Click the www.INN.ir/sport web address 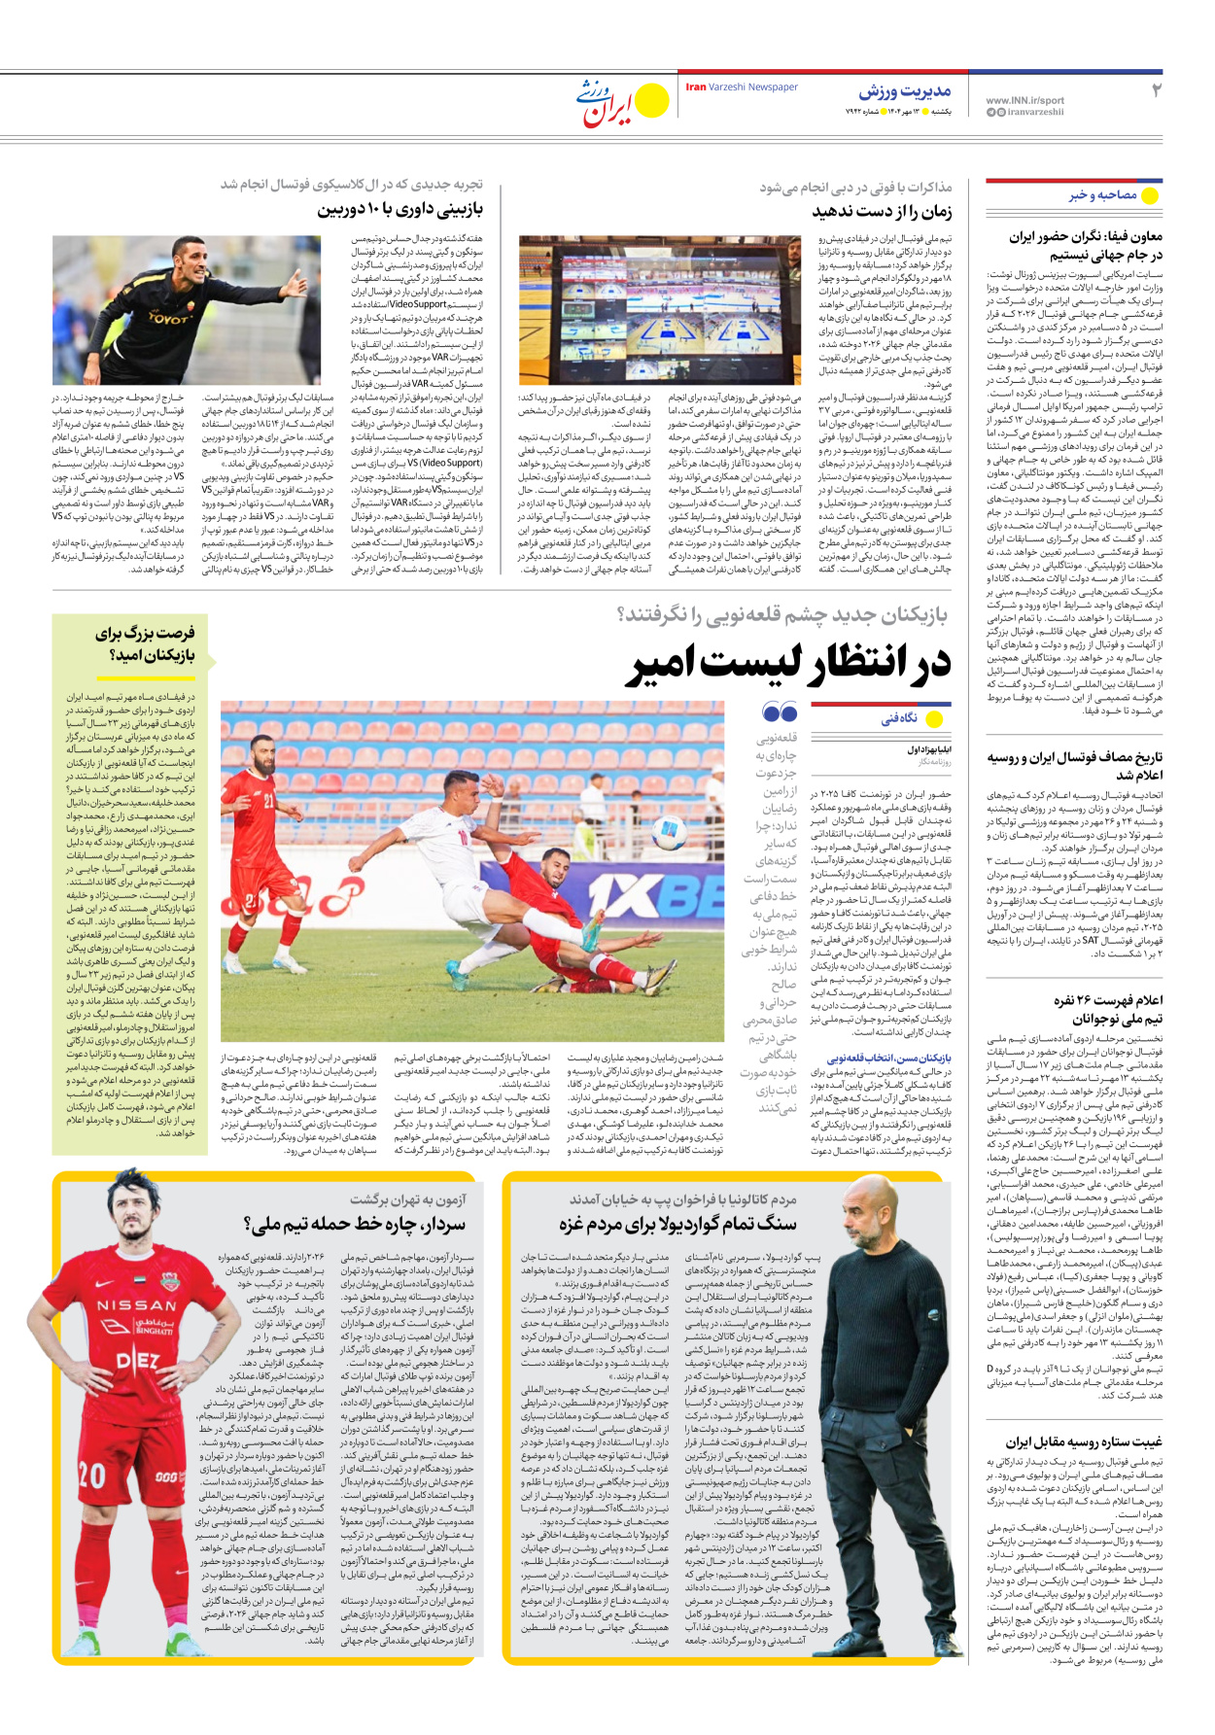pyautogui.click(x=1024, y=100)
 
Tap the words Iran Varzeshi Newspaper pyautogui.click(x=742, y=87)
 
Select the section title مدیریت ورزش pyautogui.click(x=904, y=91)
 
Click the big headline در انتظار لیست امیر pyautogui.click(x=787, y=665)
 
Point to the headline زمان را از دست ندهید pyautogui.click(x=882, y=211)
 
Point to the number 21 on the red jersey pyautogui.click(x=268, y=801)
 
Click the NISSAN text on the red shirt pyautogui.click(x=136, y=1305)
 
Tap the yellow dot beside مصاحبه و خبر pyautogui.click(x=1150, y=195)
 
